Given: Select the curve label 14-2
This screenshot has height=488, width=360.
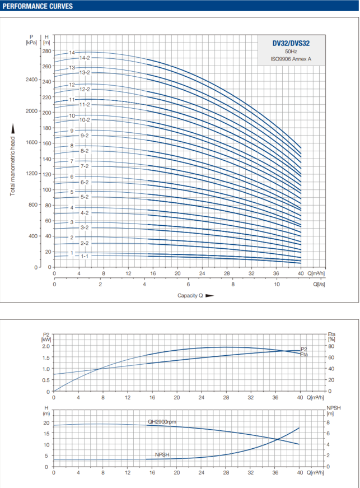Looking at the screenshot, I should click(x=85, y=58).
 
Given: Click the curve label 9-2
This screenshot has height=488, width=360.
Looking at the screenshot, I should click(x=85, y=136).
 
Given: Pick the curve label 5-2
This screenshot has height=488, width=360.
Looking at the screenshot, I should click(x=85, y=197).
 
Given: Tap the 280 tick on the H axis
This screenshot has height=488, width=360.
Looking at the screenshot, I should click(x=46, y=51).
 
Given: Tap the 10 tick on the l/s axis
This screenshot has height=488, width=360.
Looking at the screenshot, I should click(x=277, y=284).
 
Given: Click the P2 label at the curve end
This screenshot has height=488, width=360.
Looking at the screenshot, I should click(x=304, y=349).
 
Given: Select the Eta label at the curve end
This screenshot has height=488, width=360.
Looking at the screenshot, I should click(x=304, y=355).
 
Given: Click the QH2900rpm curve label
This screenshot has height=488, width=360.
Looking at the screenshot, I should click(x=162, y=422).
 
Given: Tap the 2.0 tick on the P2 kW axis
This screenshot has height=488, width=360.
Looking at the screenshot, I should click(x=46, y=346).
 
